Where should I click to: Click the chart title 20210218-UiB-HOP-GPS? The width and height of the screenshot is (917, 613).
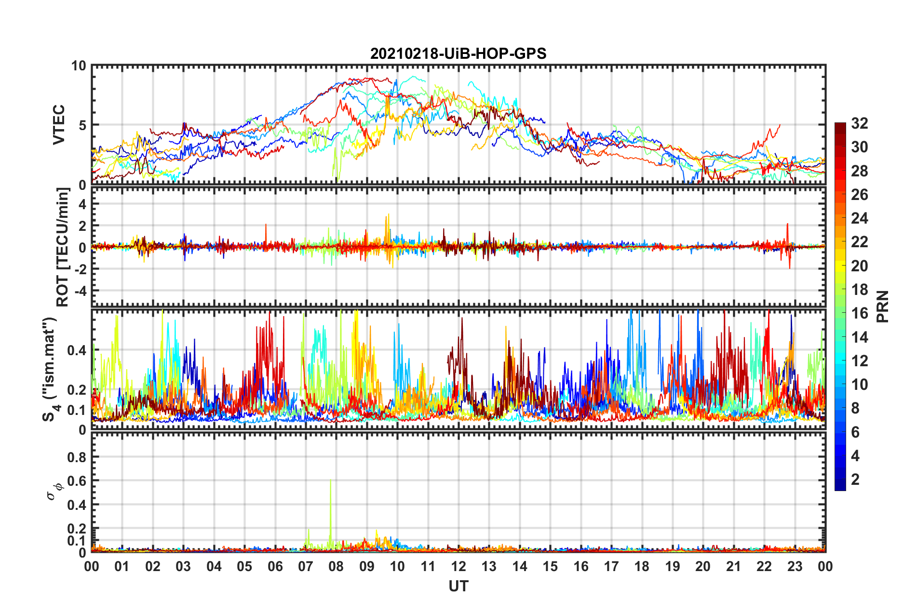(x=458, y=53)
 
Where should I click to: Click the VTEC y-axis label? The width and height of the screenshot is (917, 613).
(x=59, y=124)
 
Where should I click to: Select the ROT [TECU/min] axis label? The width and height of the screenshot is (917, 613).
(x=63, y=247)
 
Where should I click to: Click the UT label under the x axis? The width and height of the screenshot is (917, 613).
(x=458, y=586)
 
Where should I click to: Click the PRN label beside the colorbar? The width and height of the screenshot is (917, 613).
(x=882, y=306)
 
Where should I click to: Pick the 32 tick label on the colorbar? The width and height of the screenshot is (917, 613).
(x=859, y=123)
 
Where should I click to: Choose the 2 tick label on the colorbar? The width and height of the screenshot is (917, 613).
(x=855, y=480)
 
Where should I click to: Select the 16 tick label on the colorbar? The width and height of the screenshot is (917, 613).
(x=859, y=313)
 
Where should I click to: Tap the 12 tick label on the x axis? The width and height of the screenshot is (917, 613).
(x=458, y=566)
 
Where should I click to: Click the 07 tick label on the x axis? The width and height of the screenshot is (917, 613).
(x=306, y=566)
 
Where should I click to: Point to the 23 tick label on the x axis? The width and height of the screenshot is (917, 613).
(x=795, y=566)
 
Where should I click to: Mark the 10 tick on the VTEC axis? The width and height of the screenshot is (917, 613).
(x=79, y=66)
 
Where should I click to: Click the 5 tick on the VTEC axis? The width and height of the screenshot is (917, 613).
(x=82, y=125)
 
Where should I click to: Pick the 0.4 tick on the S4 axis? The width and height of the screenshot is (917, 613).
(x=77, y=350)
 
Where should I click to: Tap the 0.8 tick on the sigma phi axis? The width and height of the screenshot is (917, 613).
(x=77, y=457)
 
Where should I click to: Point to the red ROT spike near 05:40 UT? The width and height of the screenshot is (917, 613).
(x=266, y=229)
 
